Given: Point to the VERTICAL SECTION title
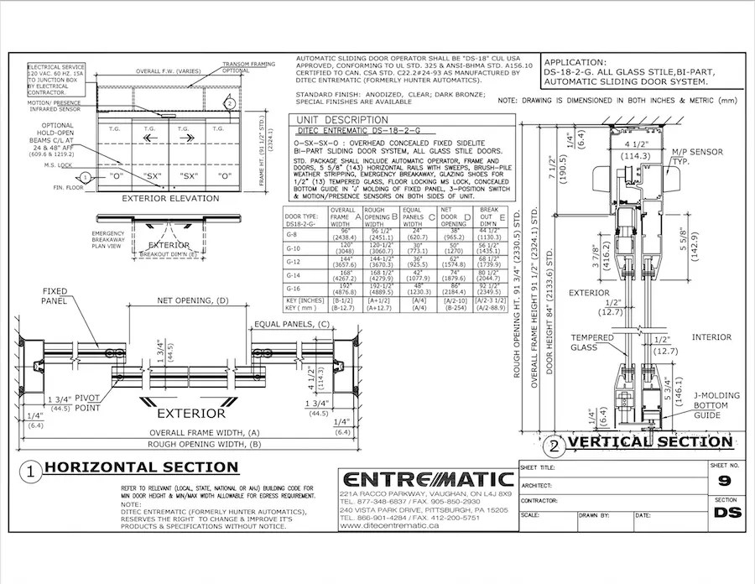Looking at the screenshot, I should [x=648, y=441].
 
